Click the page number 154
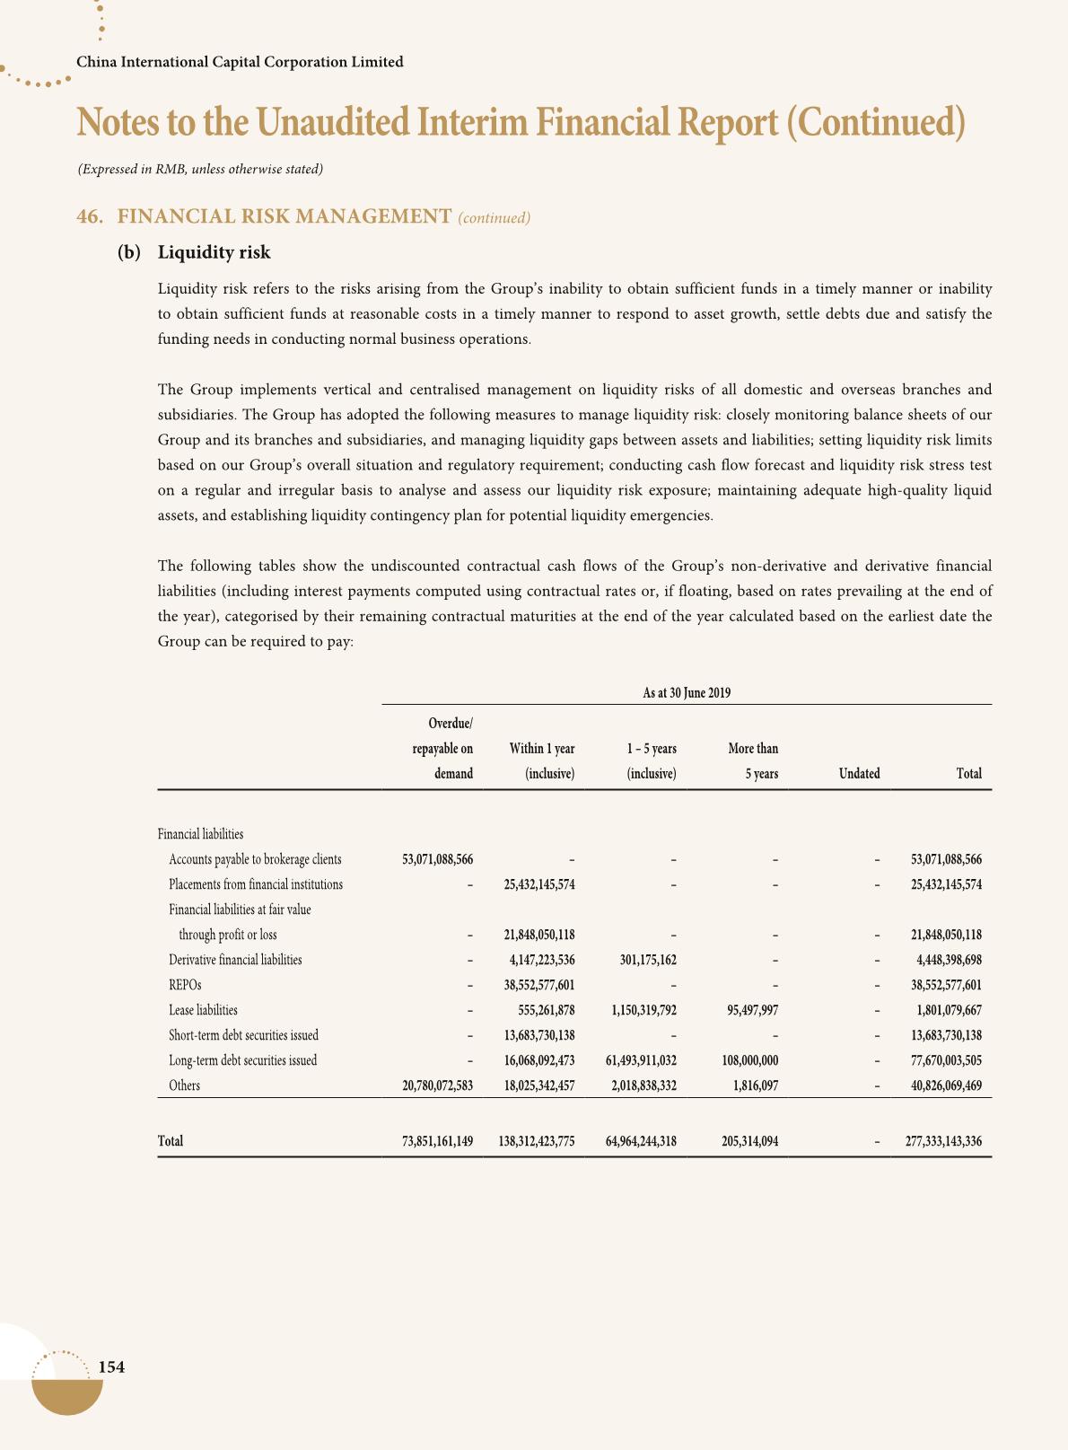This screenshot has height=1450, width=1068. [x=110, y=1367]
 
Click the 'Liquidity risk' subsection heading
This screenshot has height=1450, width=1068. [x=214, y=252]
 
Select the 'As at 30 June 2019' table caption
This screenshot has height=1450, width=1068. [x=687, y=693]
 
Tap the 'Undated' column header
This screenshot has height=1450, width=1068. [x=859, y=774]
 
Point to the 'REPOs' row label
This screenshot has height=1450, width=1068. [x=179, y=985]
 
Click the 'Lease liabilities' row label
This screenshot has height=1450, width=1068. [x=203, y=1010]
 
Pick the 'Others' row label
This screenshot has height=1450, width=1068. [x=184, y=1085]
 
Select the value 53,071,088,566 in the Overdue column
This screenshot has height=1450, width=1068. [x=437, y=859]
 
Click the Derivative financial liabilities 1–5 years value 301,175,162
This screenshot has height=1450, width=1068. [x=648, y=960]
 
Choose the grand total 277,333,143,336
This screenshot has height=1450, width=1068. [x=943, y=1142]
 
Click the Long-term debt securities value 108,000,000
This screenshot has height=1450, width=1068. [x=749, y=1060]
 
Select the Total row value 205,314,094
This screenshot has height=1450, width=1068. [x=749, y=1142]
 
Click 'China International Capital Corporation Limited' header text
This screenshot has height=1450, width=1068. [x=240, y=62]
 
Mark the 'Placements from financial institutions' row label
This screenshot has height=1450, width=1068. [x=256, y=884]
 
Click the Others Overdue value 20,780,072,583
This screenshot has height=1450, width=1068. [x=437, y=1085]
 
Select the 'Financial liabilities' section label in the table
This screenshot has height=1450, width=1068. [x=200, y=834]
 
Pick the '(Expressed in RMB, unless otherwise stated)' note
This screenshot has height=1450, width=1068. [x=200, y=169]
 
